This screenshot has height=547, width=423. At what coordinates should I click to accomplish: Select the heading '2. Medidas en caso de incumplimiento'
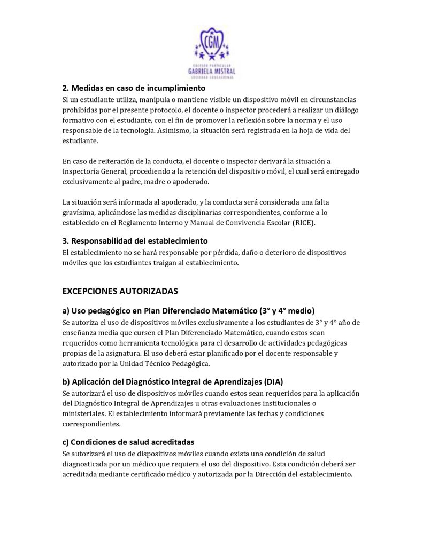point(134,88)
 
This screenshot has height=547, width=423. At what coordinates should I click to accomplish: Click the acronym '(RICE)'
point(303,222)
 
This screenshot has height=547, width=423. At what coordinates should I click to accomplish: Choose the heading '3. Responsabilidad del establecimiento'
point(135,241)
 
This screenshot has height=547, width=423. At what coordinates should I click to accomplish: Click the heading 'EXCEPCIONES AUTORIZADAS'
point(120,291)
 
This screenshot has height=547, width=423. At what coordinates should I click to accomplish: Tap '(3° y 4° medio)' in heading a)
point(287,310)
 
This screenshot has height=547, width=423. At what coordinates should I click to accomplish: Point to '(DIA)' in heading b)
point(272,381)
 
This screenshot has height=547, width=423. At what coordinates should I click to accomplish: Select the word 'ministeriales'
point(83,414)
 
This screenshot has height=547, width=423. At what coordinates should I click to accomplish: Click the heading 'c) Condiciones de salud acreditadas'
point(128,442)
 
